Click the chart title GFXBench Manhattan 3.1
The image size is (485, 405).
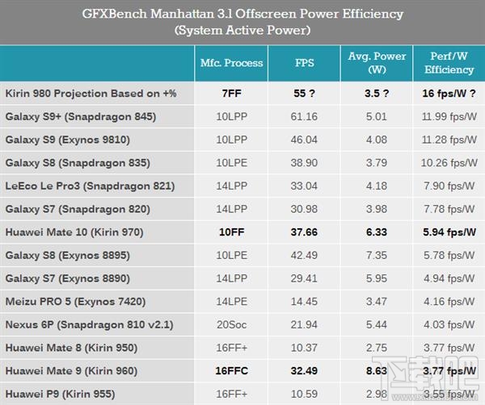[x=242, y=15]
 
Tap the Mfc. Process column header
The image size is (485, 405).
[x=231, y=63]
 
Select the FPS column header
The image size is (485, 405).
[x=304, y=63]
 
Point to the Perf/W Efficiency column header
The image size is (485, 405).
[x=449, y=63]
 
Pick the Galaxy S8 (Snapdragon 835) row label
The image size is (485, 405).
[x=78, y=163]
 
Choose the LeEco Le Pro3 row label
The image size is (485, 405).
[x=89, y=186]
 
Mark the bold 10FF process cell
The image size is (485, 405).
[x=231, y=232]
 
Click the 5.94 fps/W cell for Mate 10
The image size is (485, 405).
[x=449, y=232]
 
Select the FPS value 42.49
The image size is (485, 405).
[x=304, y=256]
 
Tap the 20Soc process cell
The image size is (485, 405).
[x=231, y=325]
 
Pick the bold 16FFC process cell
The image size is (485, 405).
[x=231, y=372]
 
